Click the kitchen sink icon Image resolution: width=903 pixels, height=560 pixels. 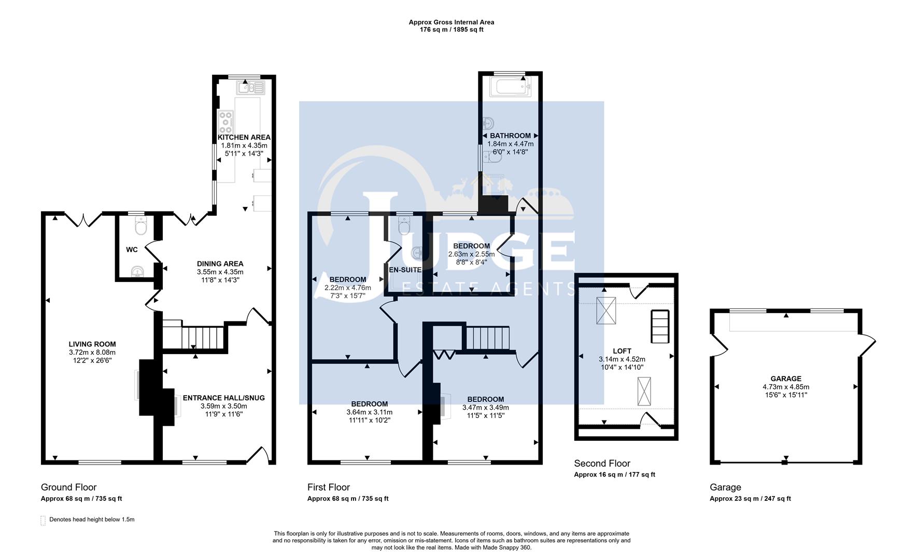coord(251,88)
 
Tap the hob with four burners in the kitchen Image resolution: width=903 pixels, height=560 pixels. coord(226,123)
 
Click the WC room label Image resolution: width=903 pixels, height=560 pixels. coord(132,250)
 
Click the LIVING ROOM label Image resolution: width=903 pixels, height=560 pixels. coord(92,344)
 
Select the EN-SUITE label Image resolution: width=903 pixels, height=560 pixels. coord(405,270)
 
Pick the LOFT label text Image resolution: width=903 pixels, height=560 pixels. coord(622,351)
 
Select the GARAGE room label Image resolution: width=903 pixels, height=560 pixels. coord(786,379)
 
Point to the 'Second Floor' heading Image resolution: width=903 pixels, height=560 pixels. coord(602,463)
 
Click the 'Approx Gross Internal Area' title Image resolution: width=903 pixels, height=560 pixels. coord(451,22)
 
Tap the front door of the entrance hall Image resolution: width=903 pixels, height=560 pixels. coord(258,455)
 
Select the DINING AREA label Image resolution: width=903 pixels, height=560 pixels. coord(220,263)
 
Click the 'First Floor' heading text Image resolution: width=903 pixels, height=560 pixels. coord(328,487)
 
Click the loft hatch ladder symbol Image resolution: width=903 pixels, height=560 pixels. coord(660,326)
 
